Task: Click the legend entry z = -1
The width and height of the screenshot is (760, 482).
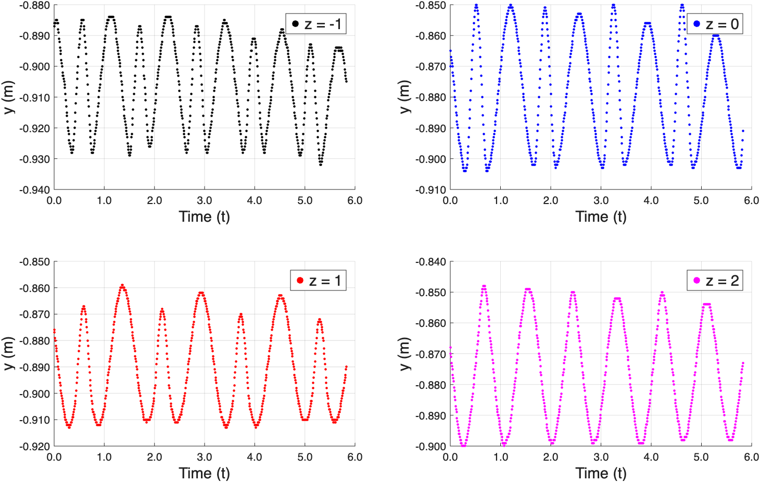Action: point(316,24)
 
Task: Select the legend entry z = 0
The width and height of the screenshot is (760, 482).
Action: point(716,24)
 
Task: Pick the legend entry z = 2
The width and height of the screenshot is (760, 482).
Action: point(715,281)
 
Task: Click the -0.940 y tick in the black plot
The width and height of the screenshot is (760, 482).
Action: point(34,190)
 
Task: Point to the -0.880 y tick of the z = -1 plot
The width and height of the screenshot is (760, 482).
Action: point(34,6)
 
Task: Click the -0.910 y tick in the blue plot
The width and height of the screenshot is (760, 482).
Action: point(431,190)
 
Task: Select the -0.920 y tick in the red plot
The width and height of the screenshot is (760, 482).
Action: point(34,447)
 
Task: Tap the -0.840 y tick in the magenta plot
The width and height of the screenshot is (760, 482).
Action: point(431,262)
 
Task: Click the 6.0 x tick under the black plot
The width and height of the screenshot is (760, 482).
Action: point(355,201)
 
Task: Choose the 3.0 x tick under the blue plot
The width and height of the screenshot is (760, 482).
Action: point(601,201)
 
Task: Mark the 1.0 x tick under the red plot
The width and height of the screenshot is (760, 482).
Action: point(104,458)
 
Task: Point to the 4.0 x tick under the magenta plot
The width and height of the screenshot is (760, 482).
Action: point(651,458)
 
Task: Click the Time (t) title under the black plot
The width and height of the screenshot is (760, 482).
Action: point(204,217)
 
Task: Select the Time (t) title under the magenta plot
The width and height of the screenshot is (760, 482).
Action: point(601,473)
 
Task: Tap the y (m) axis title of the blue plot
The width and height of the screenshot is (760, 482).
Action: point(405,97)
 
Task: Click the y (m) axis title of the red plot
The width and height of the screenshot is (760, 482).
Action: point(8,354)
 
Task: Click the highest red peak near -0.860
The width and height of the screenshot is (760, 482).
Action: point(122,285)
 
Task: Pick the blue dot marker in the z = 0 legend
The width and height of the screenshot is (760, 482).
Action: point(696,24)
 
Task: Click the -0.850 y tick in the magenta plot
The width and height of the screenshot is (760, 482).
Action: point(431,293)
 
